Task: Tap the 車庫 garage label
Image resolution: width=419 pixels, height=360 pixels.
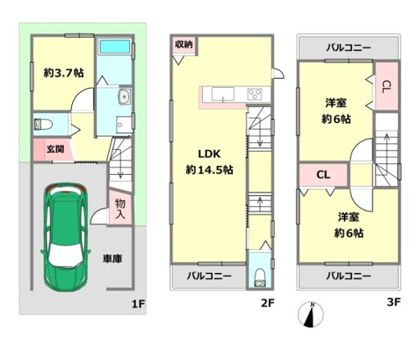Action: coord(112,259)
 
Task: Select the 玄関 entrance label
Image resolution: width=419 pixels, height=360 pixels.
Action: coord(55,149)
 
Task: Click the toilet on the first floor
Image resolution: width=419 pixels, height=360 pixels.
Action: coord(44,125)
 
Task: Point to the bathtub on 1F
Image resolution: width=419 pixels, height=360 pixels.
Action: coord(115,46)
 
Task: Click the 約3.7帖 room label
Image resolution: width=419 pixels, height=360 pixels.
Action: coord(64,73)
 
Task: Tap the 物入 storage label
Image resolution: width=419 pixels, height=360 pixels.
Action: coord(121,209)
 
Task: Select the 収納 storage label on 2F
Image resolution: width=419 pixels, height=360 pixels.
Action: coord(184,44)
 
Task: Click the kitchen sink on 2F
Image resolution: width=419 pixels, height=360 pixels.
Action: coord(223,94)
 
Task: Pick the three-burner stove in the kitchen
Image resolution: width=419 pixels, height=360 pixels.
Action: coord(255,94)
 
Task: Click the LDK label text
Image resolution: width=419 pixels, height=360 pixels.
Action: coord(209,154)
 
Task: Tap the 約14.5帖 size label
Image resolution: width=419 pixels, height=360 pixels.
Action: coord(209,170)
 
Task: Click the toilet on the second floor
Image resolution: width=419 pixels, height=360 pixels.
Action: coord(260,277)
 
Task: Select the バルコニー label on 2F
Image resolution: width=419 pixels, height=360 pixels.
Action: coord(209,276)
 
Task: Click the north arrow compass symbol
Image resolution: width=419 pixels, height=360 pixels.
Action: coord(311,315)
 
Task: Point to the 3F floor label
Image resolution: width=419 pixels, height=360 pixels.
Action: coord(394,302)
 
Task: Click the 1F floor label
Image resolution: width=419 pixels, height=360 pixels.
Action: coord(138,304)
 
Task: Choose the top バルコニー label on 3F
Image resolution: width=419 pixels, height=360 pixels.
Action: coord(349,48)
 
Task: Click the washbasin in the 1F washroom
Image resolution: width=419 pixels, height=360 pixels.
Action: coord(125,96)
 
